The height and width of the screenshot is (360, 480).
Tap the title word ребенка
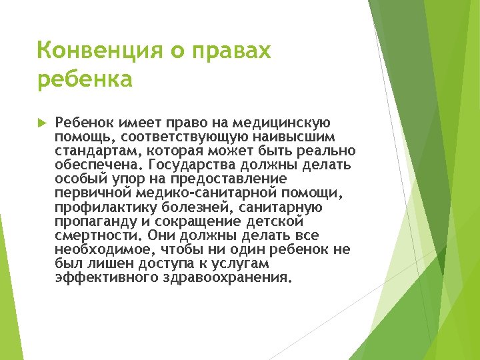point(85,79)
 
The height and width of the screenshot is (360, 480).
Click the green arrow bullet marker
point(41,123)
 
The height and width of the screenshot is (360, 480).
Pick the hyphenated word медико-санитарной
point(205,193)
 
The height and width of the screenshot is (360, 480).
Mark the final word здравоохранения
point(227,277)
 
